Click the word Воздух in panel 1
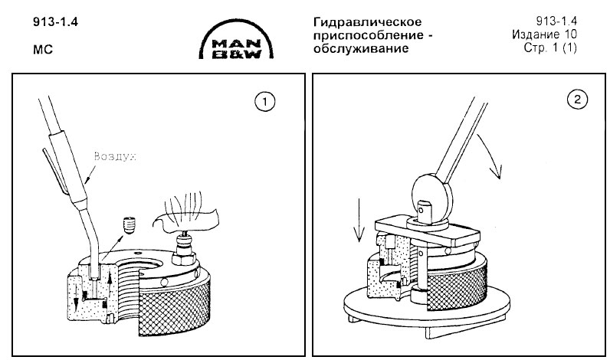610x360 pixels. [114, 156]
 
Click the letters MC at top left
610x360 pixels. [41, 48]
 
